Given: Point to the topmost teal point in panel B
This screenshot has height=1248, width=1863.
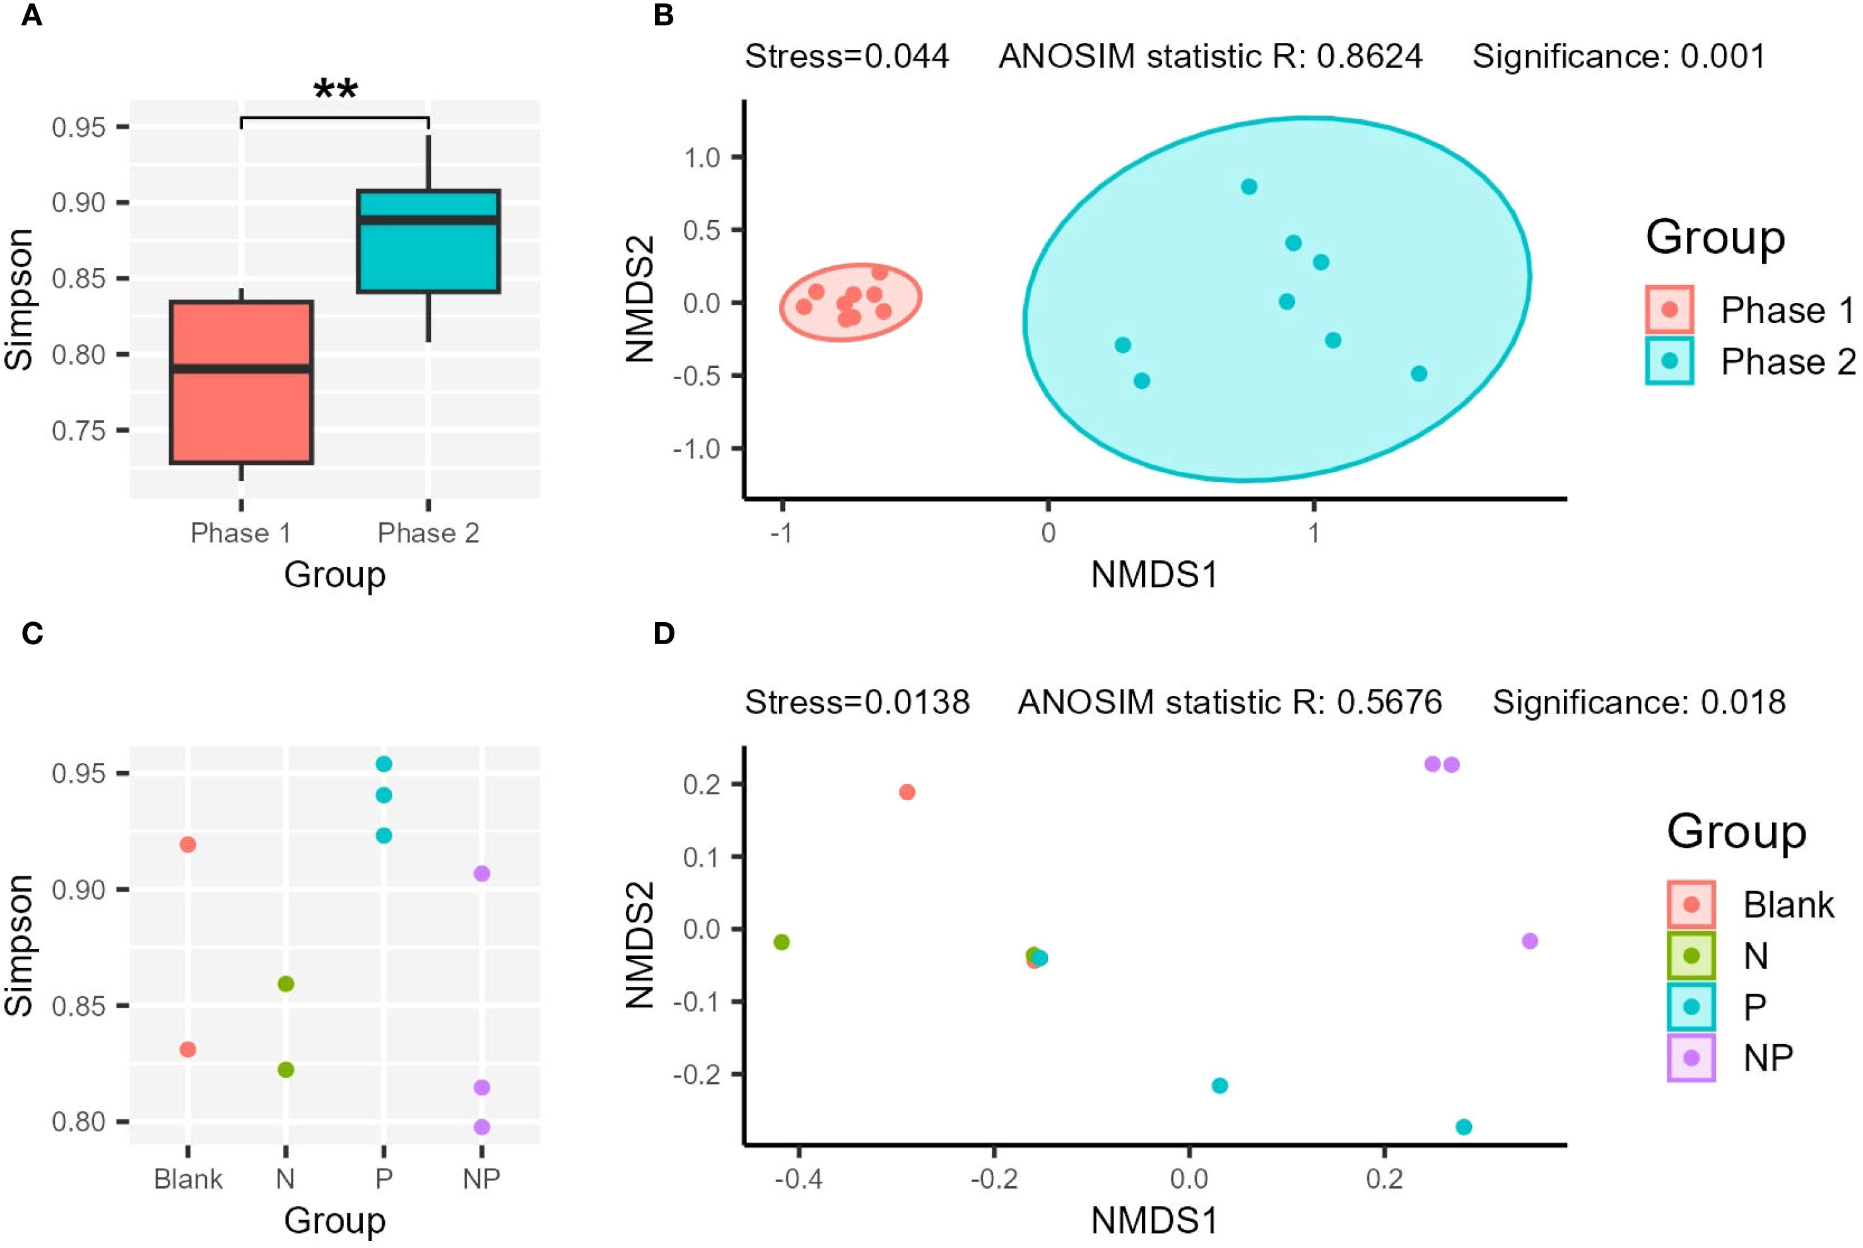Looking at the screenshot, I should (x=1249, y=187).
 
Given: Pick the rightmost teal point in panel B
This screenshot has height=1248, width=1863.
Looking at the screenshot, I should (x=1418, y=374).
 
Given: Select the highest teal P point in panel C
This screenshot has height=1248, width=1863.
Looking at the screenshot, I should (x=384, y=764).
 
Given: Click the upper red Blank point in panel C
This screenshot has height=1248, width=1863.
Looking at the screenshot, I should (x=188, y=844).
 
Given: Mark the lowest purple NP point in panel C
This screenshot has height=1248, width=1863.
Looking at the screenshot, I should (x=481, y=1127).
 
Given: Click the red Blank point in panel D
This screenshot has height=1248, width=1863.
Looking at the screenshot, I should (x=907, y=792).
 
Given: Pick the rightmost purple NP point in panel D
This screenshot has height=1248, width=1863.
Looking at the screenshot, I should (x=1529, y=941).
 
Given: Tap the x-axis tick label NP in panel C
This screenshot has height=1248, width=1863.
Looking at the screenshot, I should (x=481, y=1179).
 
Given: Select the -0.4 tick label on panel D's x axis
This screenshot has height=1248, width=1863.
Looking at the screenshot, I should (x=798, y=1179).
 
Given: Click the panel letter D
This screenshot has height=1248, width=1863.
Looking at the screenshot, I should (x=663, y=633).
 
